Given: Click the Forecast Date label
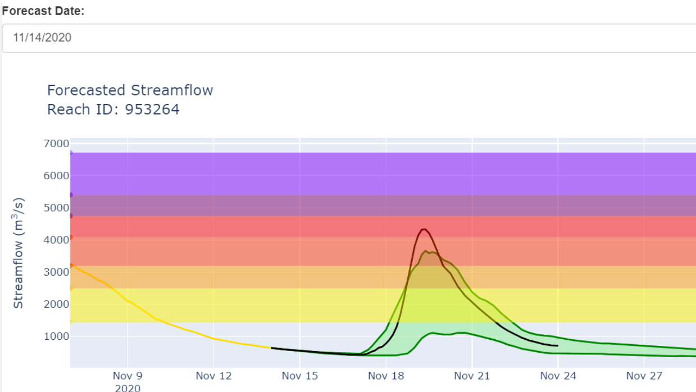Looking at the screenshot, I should coord(43,11).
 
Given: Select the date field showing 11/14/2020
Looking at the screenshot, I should coord(348,38).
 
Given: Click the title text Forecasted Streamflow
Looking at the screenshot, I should coord(130,90).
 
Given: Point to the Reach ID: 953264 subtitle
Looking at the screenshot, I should coord(113,109).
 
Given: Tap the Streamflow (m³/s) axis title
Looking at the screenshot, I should coord(19,253).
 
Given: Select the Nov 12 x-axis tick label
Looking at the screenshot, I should coord(213,376).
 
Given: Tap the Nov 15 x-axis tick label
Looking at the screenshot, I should coord(299,376).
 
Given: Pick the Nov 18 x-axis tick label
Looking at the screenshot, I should coord(386,376).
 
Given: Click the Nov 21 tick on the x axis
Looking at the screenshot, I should coord(472,376).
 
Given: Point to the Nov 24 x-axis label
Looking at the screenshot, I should coord(558,376).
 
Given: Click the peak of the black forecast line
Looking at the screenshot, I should coord(424,229).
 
